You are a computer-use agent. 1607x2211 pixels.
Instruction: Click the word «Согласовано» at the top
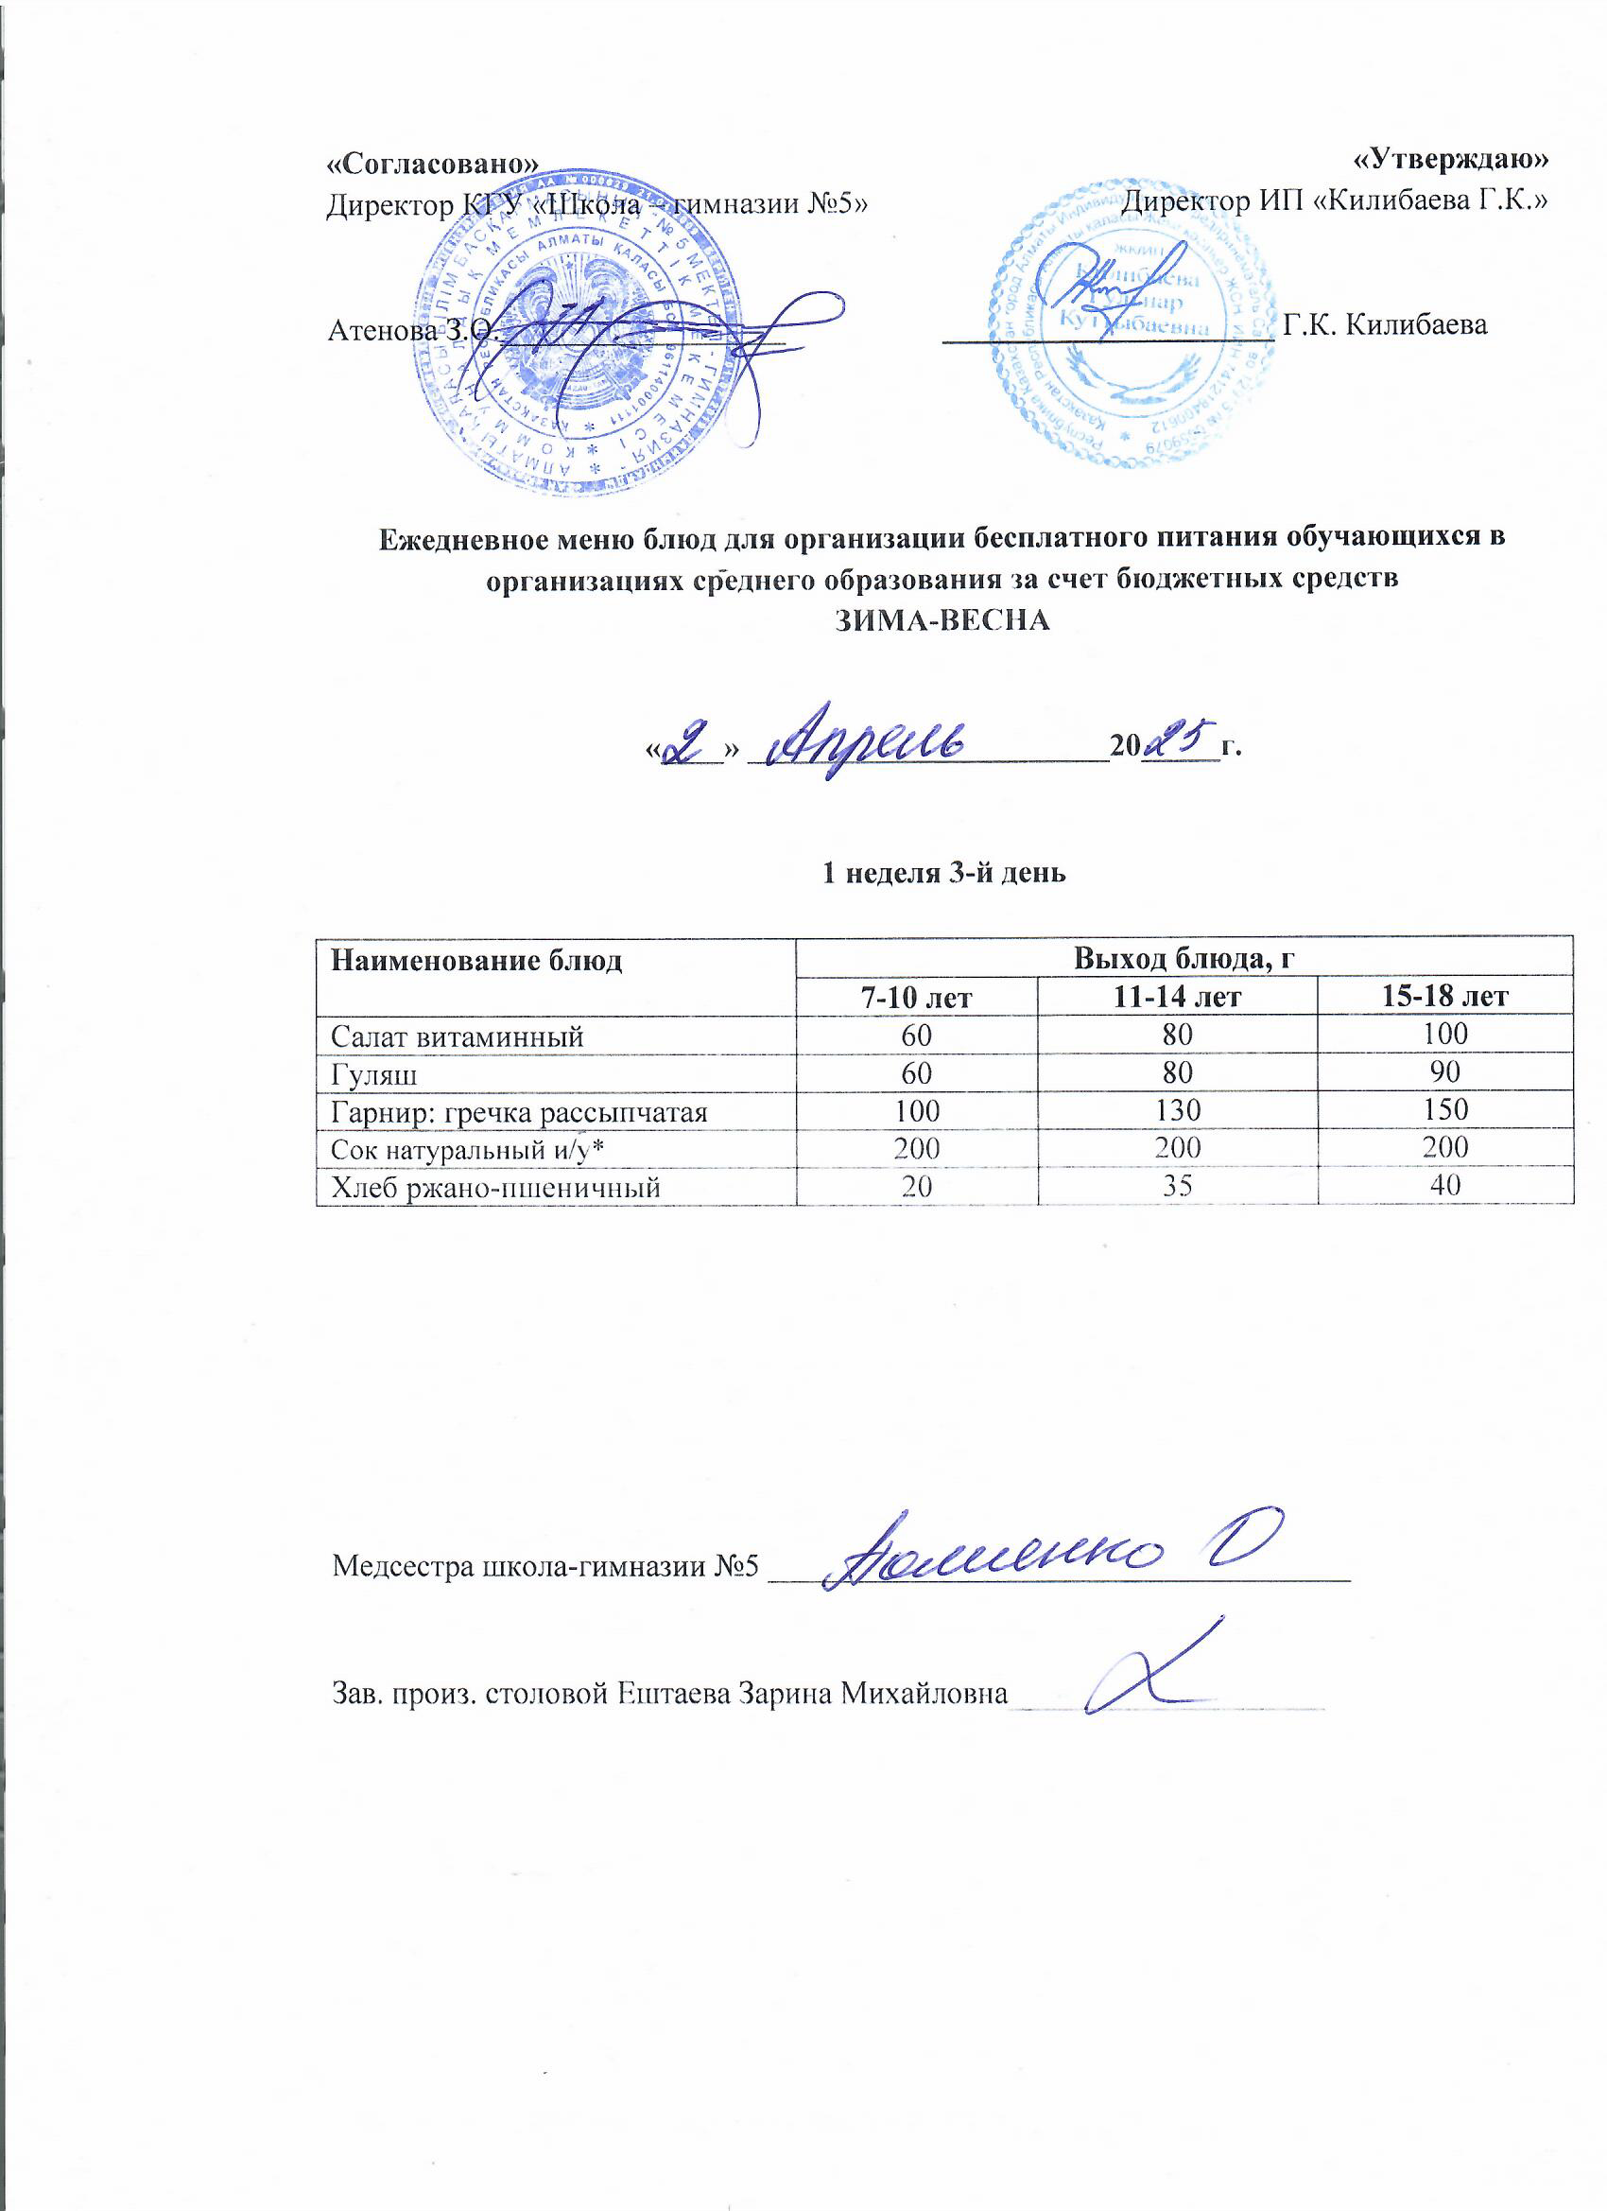click(432, 164)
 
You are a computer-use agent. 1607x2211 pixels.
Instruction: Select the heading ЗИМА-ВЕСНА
click(943, 621)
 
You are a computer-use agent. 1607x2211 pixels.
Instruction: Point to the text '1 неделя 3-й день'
click(943, 873)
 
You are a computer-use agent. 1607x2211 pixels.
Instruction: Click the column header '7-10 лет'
click(917, 996)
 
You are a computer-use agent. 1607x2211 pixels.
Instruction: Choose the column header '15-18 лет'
click(1444, 996)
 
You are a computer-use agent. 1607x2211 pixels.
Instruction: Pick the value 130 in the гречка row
click(1177, 1110)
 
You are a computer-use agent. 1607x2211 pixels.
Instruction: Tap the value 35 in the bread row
click(1177, 1187)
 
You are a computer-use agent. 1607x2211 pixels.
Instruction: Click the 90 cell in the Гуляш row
click(1444, 1072)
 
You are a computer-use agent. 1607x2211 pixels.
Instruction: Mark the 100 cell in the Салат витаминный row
click(1444, 1035)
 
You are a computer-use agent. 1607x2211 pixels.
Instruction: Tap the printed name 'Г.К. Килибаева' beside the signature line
click(1384, 324)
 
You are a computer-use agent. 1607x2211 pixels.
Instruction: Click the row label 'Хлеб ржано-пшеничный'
click(495, 1188)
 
